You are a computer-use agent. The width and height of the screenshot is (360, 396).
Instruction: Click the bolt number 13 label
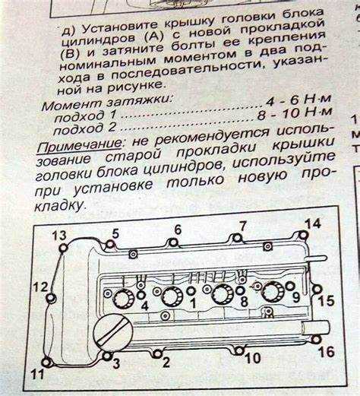(59, 236)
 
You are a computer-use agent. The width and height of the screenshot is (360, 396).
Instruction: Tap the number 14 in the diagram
(313, 224)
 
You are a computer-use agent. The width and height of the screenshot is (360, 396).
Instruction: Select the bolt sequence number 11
(38, 374)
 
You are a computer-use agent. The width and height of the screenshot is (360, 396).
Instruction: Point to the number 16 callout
(327, 352)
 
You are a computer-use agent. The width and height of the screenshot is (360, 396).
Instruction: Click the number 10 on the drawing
(253, 358)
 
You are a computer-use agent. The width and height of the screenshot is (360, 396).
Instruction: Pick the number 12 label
(40, 287)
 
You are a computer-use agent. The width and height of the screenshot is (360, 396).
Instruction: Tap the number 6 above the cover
(178, 230)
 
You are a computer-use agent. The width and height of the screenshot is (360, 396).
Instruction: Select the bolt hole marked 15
(317, 289)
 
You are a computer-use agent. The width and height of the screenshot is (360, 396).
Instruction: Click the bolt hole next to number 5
(110, 245)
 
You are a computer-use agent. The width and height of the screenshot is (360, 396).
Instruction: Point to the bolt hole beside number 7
(237, 238)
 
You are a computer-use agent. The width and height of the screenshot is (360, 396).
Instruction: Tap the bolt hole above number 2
(157, 353)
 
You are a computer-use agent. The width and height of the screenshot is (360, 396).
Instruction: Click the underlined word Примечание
(79, 146)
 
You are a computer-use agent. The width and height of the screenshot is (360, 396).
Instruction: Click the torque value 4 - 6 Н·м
(298, 100)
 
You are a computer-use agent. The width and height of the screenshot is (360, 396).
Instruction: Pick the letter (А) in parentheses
(153, 37)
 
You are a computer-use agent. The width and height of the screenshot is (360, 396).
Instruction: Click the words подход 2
(85, 128)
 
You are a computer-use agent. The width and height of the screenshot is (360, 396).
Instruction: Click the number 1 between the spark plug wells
(193, 303)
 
